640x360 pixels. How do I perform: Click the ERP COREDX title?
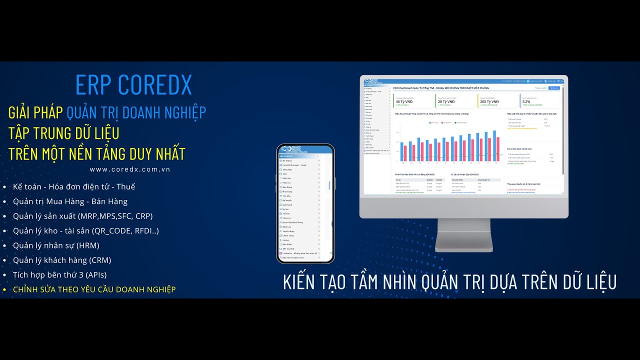[x=133, y=85]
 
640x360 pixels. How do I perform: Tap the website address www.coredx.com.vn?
[x=130, y=169]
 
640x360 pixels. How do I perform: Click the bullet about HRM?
[x=56, y=245]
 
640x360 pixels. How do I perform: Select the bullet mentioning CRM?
[x=62, y=260]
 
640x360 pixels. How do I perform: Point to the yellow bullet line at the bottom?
[x=94, y=289]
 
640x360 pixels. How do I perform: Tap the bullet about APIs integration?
[x=60, y=274]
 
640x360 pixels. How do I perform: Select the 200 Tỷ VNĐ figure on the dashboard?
[x=489, y=101]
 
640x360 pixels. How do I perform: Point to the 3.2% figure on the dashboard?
[x=526, y=101]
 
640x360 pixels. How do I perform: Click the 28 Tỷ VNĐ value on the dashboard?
[x=446, y=101]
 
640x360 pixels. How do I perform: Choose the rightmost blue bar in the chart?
[x=494, y=145]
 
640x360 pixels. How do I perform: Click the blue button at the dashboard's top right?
[x=553, y=88]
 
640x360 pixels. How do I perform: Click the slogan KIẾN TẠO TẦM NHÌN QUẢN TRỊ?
[x=449, y=281]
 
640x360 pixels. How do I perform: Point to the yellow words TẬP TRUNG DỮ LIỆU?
[x=63, y=133]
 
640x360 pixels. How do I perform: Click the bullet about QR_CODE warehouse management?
[x=86, y=231]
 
